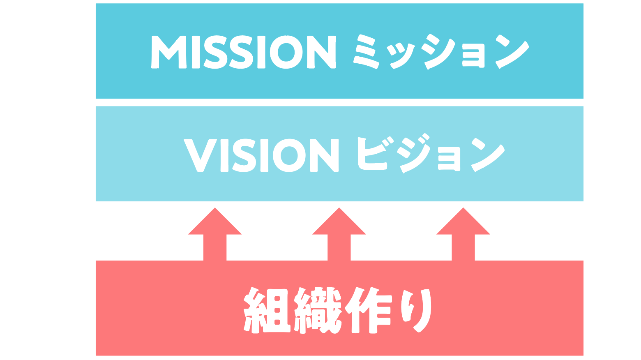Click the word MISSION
(x=243, y=52)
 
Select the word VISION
(x=261, y=155)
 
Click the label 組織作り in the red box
(x=337, y=310)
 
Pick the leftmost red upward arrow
(x=215, y=234)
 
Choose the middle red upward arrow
(x=339, y=234)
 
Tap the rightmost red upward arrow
(x=463, y=234)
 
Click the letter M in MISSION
(x=169, y=52)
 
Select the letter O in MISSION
(x=286, y=52)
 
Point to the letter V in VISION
(x=200, y=155)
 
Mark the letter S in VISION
(x=245, y=155)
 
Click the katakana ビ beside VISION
(x=372, y=155)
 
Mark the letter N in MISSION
(x=322, y=52)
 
